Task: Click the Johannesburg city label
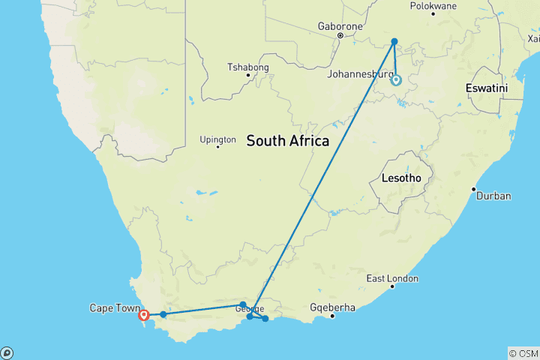[x=359, y=73]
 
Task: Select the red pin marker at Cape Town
[x=143, y=315]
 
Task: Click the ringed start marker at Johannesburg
[x=396, y=80]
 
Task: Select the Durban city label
[x=494, y=196]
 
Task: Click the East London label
[x=392, y=278]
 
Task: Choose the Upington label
[x=218, y=139]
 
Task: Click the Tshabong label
[x=247, y=67]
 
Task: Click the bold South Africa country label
[x=287, y=140]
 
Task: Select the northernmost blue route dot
[x=394, y=42]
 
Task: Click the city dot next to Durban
[x=473, y=189]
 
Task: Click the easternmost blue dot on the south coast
[x=265, y=319]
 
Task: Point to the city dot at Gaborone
[x=340, y=35]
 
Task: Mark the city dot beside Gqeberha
[x=332, y=315]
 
